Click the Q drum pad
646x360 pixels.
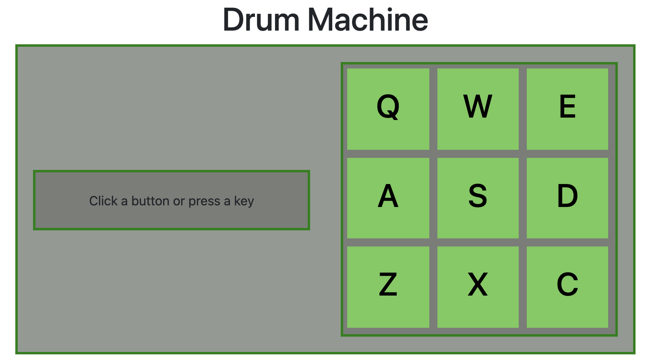coord(388,109)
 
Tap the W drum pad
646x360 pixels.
coord(478,109)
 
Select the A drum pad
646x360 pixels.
coord(388,198)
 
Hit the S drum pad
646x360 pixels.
coord(478,198)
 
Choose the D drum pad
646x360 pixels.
coord(567,198)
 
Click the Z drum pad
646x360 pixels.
coord(388,287)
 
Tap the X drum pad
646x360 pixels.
coord(478,287)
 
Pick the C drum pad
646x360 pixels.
coord(567,287)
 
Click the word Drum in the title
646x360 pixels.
coord(261,20)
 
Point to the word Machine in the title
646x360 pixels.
coord(368,20)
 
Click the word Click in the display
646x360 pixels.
coord(103,201)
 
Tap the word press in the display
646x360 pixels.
coord(204,201)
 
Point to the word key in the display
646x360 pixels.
coord(244,201)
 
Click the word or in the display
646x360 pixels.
coord(179,201)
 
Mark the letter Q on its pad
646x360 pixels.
coord(388,107)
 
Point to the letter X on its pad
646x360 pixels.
coord(478,284)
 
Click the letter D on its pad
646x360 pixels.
coord(567,196)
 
